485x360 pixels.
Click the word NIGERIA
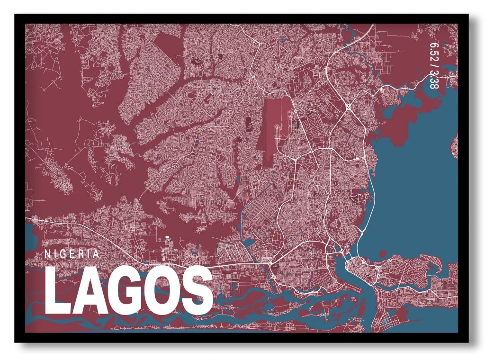(72, 253)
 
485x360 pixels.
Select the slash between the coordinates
(434, 67)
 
